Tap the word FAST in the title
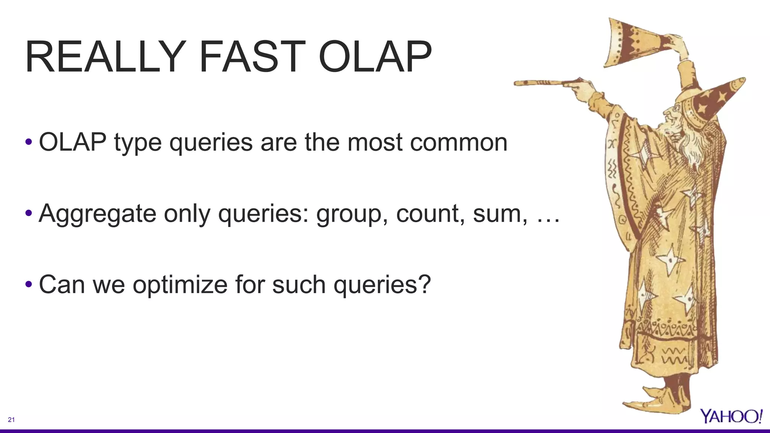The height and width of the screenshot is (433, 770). (x=252, y=57)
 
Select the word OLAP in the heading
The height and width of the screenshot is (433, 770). (x=375, y=57)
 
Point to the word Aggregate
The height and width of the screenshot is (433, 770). (x=97, y=214)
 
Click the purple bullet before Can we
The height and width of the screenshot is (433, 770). (x=29, y=285)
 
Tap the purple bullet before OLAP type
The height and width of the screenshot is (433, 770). (x=29, y=142)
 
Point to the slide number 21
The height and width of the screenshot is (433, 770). (x=11, y=420)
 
